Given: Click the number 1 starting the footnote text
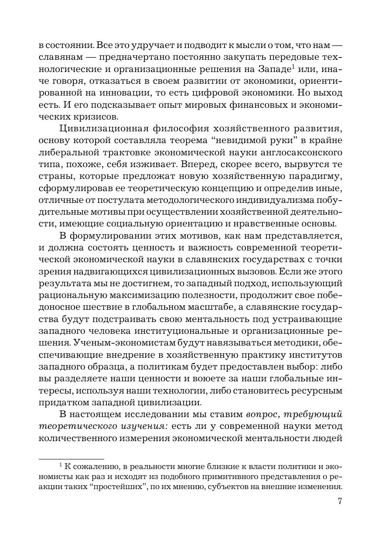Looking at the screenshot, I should click(61, 465).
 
